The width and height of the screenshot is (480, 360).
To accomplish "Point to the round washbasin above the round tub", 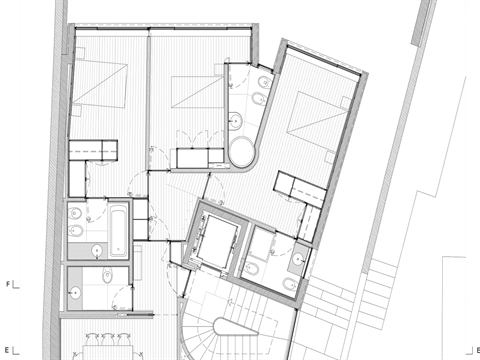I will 238,121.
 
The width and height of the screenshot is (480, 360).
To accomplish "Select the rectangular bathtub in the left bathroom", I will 117,227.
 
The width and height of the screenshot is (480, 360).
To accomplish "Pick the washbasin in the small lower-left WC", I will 76,291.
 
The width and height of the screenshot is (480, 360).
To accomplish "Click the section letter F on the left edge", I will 9,284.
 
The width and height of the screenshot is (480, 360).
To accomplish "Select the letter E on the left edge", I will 9,350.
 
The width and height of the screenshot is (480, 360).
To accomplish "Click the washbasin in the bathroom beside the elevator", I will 297,262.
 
